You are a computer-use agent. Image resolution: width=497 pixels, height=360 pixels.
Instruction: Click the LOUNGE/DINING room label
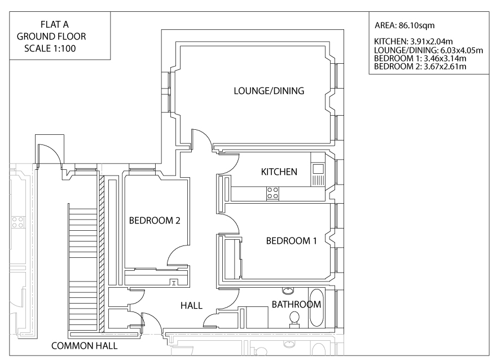pos(269,90)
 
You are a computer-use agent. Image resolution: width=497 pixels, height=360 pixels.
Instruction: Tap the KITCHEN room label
pos(279,172)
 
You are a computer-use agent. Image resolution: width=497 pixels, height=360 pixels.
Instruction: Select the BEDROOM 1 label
pos(291,241)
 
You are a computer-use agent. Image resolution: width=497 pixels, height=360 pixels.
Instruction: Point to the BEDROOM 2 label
pos(155,221)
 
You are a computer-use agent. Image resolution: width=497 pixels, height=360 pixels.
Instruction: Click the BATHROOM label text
pos(296,305)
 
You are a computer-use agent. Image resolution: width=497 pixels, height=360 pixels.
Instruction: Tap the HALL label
pos(191,305)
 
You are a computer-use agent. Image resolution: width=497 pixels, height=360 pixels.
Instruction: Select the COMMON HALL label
pos(85,346)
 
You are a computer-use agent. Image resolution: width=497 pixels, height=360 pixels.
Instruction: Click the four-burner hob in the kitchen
pos(272,192)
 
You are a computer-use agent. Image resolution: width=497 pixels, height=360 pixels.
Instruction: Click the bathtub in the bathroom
pos(316,308)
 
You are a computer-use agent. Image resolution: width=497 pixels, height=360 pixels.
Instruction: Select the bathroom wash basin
pos(288,291)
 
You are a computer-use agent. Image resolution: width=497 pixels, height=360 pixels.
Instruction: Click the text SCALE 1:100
pos(50,49)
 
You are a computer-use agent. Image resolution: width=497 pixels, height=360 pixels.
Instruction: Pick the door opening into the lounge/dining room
pos(202,138)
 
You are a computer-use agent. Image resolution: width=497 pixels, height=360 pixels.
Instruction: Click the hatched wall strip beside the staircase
pos(102,254)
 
